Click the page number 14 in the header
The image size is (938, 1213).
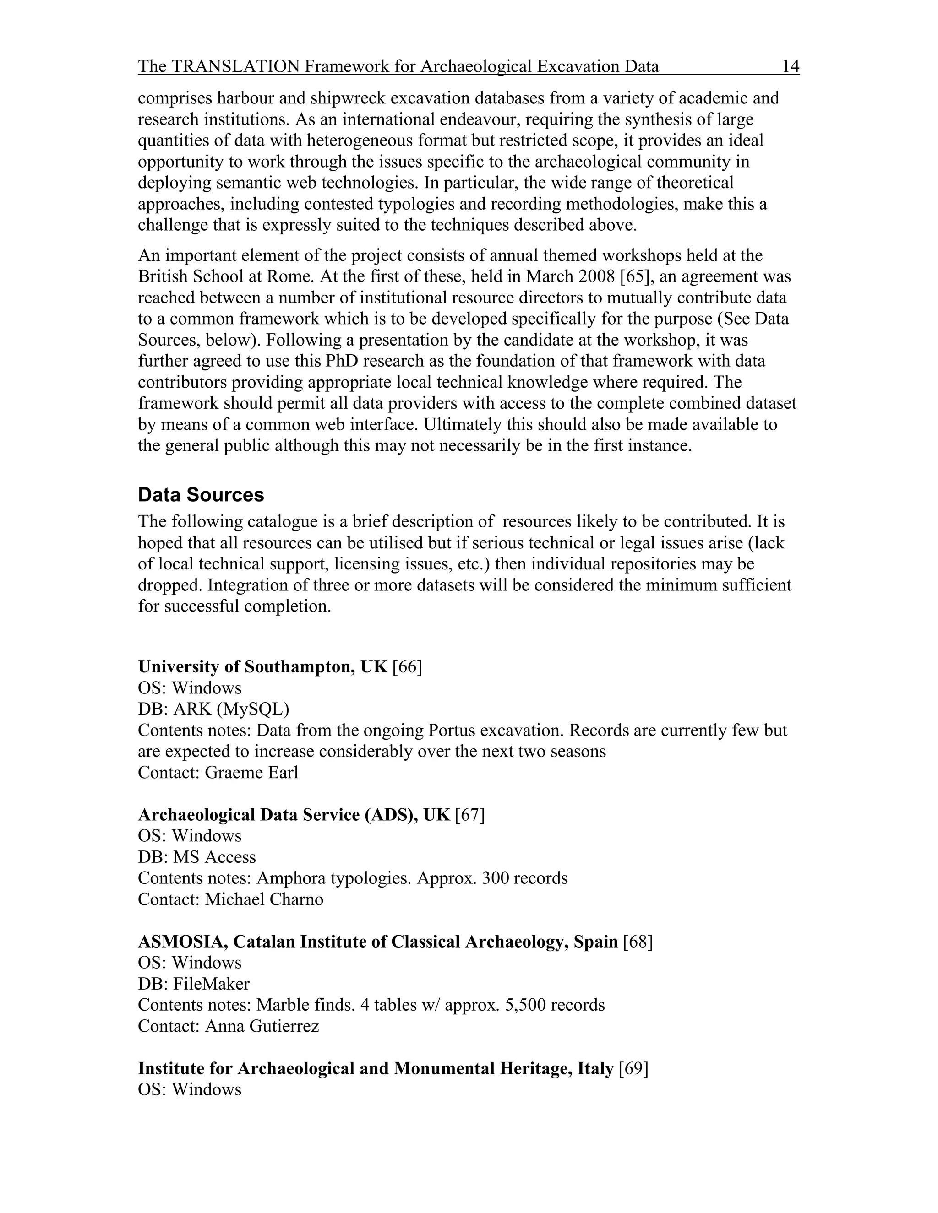click(x=790, y=67)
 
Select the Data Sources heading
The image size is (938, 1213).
click(x=201, y=495)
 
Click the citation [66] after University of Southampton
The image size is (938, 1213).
click(x=407, y=667)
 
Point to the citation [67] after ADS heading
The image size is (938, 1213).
click(x=469, y=815)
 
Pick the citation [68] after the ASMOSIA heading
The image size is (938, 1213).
click(x=638, y=942)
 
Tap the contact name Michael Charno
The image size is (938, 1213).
click(x=264, y=899)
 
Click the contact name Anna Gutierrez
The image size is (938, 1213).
click(x=262, y=1026)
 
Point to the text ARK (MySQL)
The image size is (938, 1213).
click(x=231, y=709)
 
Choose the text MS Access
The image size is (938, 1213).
click(x=214, y=857)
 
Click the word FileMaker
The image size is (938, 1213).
click(x=211, y=984)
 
